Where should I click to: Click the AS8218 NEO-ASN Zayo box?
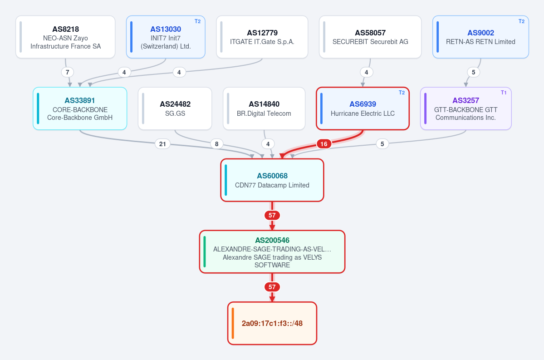pyautogui.click(x=65, y=37)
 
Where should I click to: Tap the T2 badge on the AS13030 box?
pyautogui.click(x=197, y=21)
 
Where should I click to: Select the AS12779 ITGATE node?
pyautogui.click(x=262, y=37)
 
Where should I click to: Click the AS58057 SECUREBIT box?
pyautogui.click(x=370, y=37)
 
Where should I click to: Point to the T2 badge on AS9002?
pyautogui.click(x=521, y=21)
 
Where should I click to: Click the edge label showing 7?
pyautogui.click(x=67, y=72)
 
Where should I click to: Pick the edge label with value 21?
pyautogui.click(x=162, y=144)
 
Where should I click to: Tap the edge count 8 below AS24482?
pyautogui.click(x=216, y=144)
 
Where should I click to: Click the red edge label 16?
pyautogui.click(x=323, y=144)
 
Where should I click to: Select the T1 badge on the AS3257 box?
pyautogui.click(x=504, y=93)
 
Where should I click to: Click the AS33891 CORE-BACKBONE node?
pyautogui.click(x=80, y=108)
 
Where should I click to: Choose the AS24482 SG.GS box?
pyautogui.click(x=175, y=108)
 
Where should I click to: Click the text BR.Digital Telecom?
pyautogui.click(x=264, y=113)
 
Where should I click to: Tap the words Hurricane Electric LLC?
pyautogui.click(x=363, y=113)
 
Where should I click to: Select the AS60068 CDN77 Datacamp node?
pyautogui.click(x=272, y=180)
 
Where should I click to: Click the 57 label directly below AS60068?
pyautogui.click(x=272, y=215)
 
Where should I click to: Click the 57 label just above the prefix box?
pyautogui.click(x=272, y=287)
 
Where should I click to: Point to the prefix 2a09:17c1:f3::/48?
pyautogui.click(x=272, y=324)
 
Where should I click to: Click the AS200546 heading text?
pyautogui.click(x=272, y=240)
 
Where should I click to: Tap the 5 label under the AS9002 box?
pyautogui.click(x=473, y=72)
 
